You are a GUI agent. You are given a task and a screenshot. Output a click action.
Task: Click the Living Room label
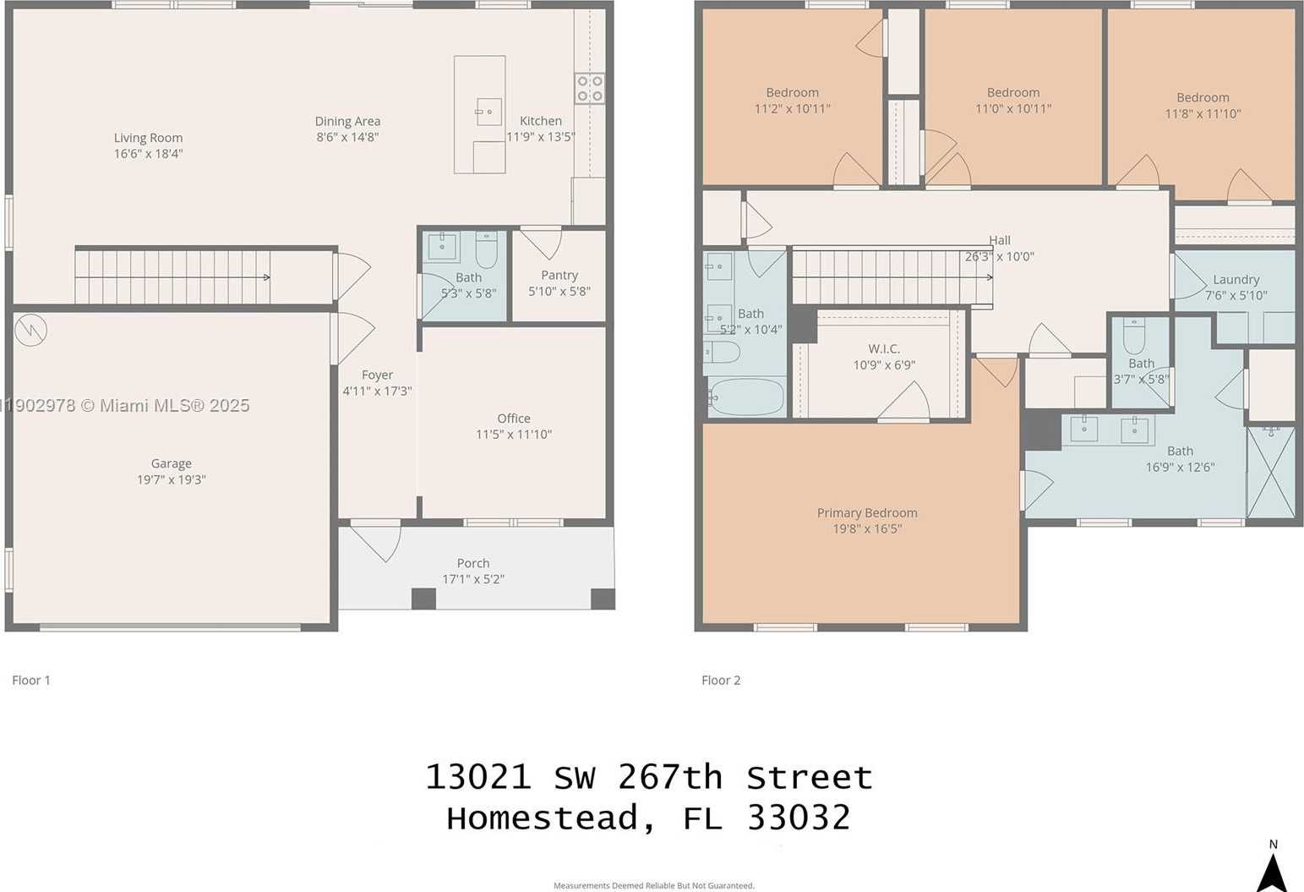[x=148, y=138]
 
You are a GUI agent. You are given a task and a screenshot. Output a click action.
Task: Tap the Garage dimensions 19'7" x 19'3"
[x=172, y=479]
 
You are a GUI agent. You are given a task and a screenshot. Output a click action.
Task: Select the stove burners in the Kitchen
[x=590, y=88]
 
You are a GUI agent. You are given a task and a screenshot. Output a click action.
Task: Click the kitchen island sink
[x=488, y=111]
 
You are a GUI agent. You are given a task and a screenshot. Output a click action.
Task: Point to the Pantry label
[x=559, y=275]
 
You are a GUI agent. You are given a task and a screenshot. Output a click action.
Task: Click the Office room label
[x=514, y=419]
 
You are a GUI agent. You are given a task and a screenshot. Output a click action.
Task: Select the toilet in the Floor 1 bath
[x=487, y=249]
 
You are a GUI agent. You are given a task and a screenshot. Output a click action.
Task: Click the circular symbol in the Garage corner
[x=30, y=330]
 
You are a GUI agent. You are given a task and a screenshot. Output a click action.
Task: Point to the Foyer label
[x=377, y=375]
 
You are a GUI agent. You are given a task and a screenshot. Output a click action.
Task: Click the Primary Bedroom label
[x=867, y=512]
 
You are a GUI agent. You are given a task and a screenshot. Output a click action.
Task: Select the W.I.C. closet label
[x=884, y=348]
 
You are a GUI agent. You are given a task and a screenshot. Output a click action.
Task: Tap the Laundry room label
[x=1236, y=279]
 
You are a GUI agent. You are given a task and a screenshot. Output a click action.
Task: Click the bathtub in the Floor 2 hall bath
[x=746, y=396]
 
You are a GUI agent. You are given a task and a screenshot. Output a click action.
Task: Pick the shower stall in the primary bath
[x=1271, y=471]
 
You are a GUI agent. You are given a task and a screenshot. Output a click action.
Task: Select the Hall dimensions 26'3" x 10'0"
[x=1000, y=256]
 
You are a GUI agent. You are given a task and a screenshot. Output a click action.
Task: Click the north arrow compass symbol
[x=1272, y=871]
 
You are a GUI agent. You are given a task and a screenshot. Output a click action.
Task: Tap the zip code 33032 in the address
[x=799, y=818]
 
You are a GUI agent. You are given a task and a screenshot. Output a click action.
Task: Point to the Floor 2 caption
[x=721, y=680]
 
